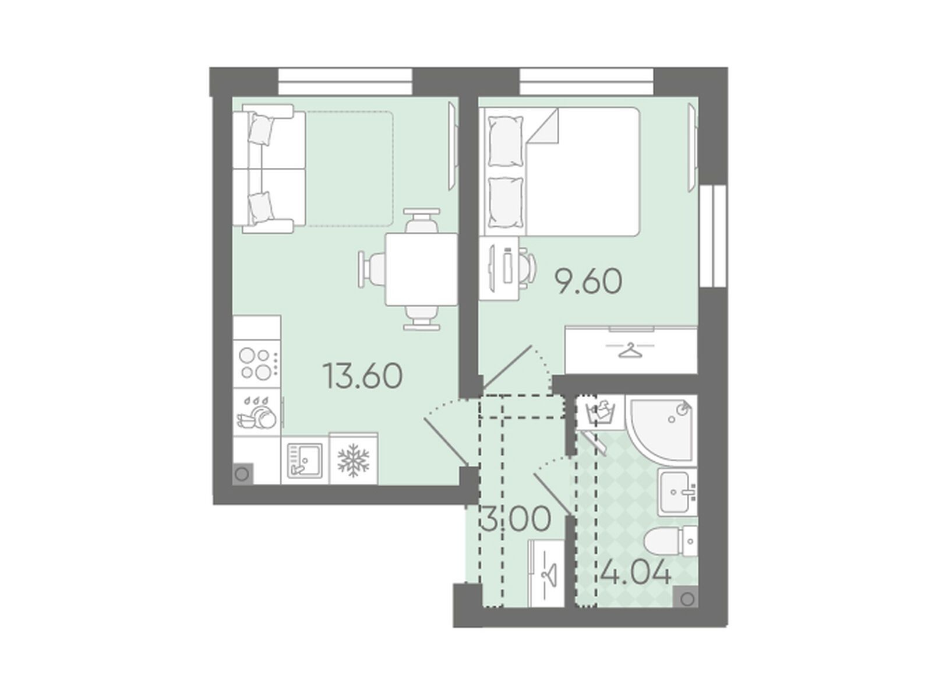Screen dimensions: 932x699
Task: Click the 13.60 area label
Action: pos(362,377)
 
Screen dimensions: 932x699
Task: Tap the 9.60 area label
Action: pos(589,282)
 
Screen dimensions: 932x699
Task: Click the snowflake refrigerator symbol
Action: pos(353,461)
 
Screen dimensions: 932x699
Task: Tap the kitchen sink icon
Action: pos(305,461)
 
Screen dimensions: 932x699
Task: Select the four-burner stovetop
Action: pos(257,364)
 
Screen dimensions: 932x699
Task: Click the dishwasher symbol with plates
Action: pos(257,412)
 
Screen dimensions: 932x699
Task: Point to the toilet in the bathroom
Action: pos(670,542)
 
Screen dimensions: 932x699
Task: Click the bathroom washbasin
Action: pos(677,493)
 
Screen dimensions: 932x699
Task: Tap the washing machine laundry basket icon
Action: pos(600,413)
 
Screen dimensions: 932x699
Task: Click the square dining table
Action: pos(421,269)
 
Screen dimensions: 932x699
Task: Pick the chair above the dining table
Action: pos(421,220)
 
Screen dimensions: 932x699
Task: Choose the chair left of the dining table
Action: pos(372,269)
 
